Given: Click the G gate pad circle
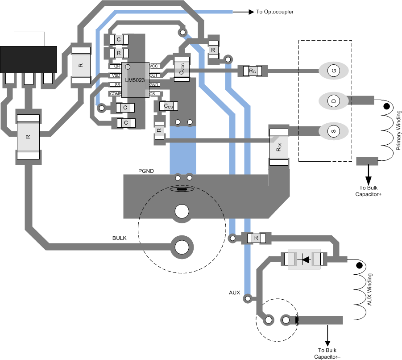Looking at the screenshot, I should [x=333, y=70].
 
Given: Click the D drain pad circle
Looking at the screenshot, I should [x=333, y=101].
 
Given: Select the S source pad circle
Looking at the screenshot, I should [x=333, y=132].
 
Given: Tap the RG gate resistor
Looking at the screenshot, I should [x=253, y=71].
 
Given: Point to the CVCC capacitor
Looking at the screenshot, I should [x=182, y=69].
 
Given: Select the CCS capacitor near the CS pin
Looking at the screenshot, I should [x=168, y=106].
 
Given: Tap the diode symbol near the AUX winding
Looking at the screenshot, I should [x=304, y=259].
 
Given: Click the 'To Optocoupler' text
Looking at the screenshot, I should [x=275, y=12].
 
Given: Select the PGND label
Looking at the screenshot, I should [x=146, y=172].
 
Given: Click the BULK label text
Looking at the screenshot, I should [x=119, y=238].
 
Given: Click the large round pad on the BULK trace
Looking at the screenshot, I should [x=182, y=247].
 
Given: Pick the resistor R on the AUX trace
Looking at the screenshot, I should [x=256, y=238].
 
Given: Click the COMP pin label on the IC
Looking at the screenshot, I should [x=115, y=93].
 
